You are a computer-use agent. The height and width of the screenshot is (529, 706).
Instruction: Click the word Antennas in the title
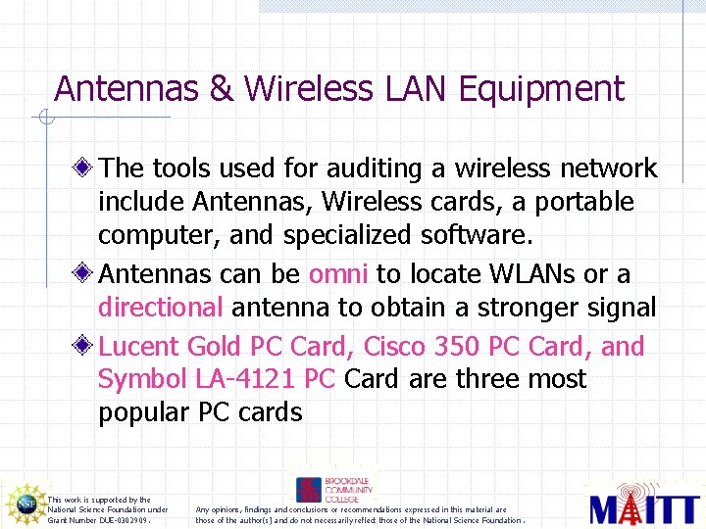(x=127, y=88)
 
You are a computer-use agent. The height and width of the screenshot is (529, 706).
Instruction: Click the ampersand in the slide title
(x=223, y=88)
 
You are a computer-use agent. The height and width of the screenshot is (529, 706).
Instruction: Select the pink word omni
(x=339, y=274)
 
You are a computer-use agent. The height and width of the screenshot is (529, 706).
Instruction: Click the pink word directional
(x=162, y=308)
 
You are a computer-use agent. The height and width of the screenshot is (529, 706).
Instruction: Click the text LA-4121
(x=249, y=379)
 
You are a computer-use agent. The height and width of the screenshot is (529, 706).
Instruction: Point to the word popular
(x=143, y=412)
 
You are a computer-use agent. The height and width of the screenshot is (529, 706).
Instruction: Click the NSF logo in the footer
(x=25, y=504)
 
